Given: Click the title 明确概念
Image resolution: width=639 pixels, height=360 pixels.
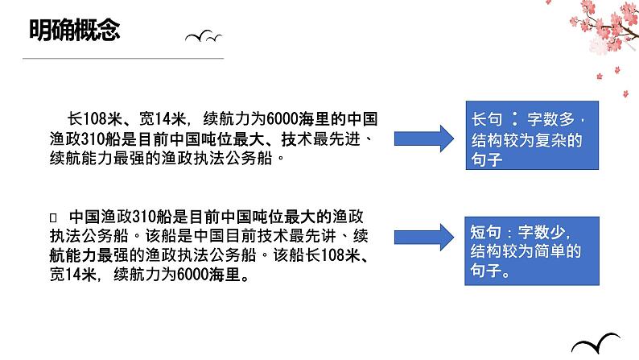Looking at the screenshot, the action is coord(74,30).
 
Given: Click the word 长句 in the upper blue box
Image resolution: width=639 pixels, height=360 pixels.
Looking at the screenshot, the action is coord(485,120).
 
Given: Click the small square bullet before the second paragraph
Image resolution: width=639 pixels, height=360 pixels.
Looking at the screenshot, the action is coord(53,217).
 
